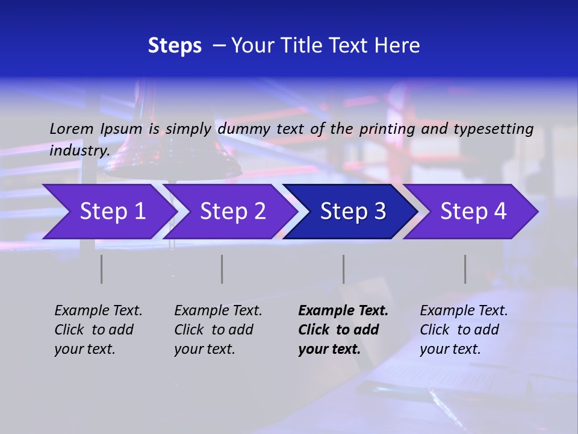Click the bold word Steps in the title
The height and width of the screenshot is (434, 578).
pyautogui.click(x=175, y=46)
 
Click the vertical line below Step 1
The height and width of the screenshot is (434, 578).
pyautogui.click(x=101, y=269)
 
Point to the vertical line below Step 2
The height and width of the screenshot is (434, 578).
pyautogui.click(x=222, y=269)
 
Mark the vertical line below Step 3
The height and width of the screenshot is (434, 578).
pyautogui.click(x=343, y=269)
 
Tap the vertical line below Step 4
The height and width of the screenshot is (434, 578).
pyautogui.click(x=465, y=269)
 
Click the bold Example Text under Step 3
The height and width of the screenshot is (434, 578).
pyautogui.click(x=343, y=329)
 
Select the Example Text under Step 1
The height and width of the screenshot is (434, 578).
pyautogui.click(x=98, y=329)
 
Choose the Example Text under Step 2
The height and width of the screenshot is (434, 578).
pyautogui.click(x=218, y=329)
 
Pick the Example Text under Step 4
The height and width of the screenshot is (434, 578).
pyautogui.click(x=464, y=329)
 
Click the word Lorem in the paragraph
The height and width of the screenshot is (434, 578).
pyautogui.click(x=72, y=128)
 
